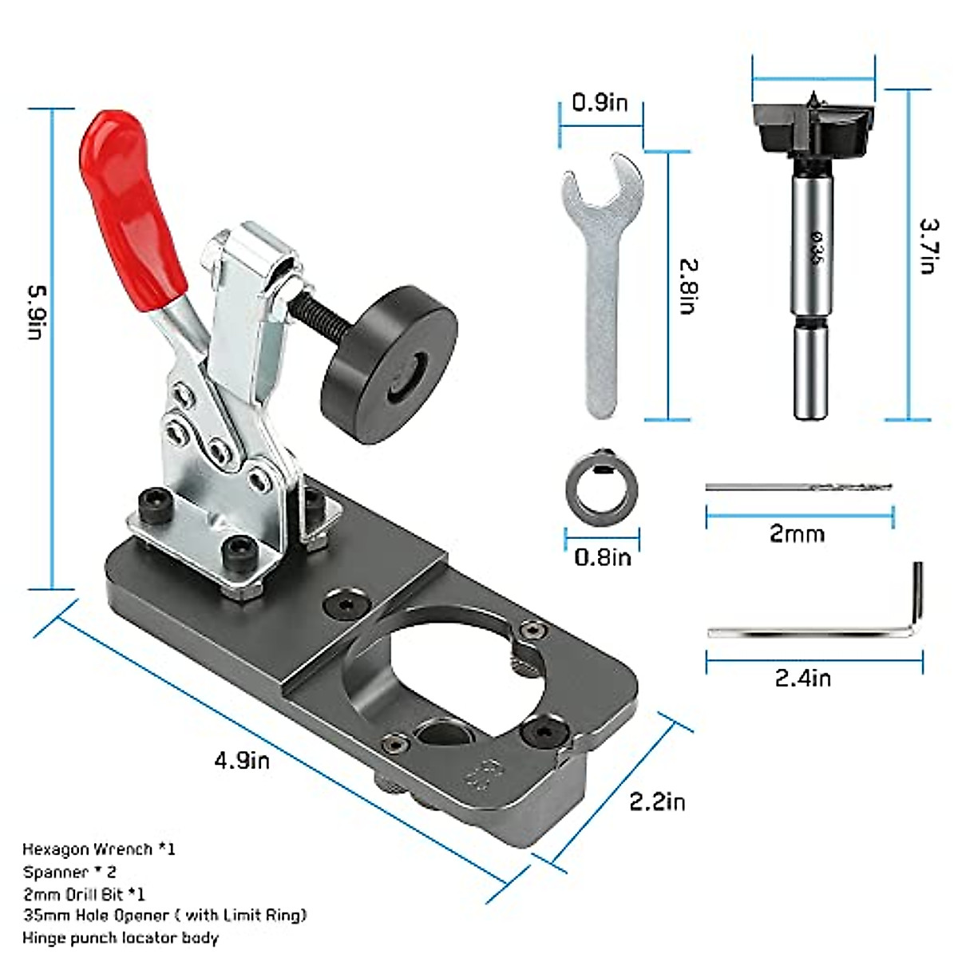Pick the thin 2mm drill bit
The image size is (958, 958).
pos(798,486)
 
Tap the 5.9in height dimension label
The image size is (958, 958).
pos(35,313)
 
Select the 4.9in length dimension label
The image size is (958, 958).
pos(242,759)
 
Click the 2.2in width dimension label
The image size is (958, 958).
pos(656,801)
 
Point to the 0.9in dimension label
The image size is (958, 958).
pos(600,103)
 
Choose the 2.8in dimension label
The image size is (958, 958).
pos(688,285)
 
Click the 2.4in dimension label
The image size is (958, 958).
pos(802,678)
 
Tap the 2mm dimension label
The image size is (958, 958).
pos(797,533)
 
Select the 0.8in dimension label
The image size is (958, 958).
pos(602,556)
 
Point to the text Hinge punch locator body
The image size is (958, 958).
pos(120,937)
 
